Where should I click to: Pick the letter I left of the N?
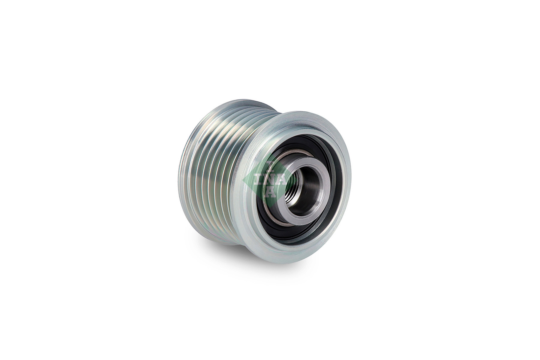(x=260, y=179)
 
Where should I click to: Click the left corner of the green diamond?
(x=244, y=179)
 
